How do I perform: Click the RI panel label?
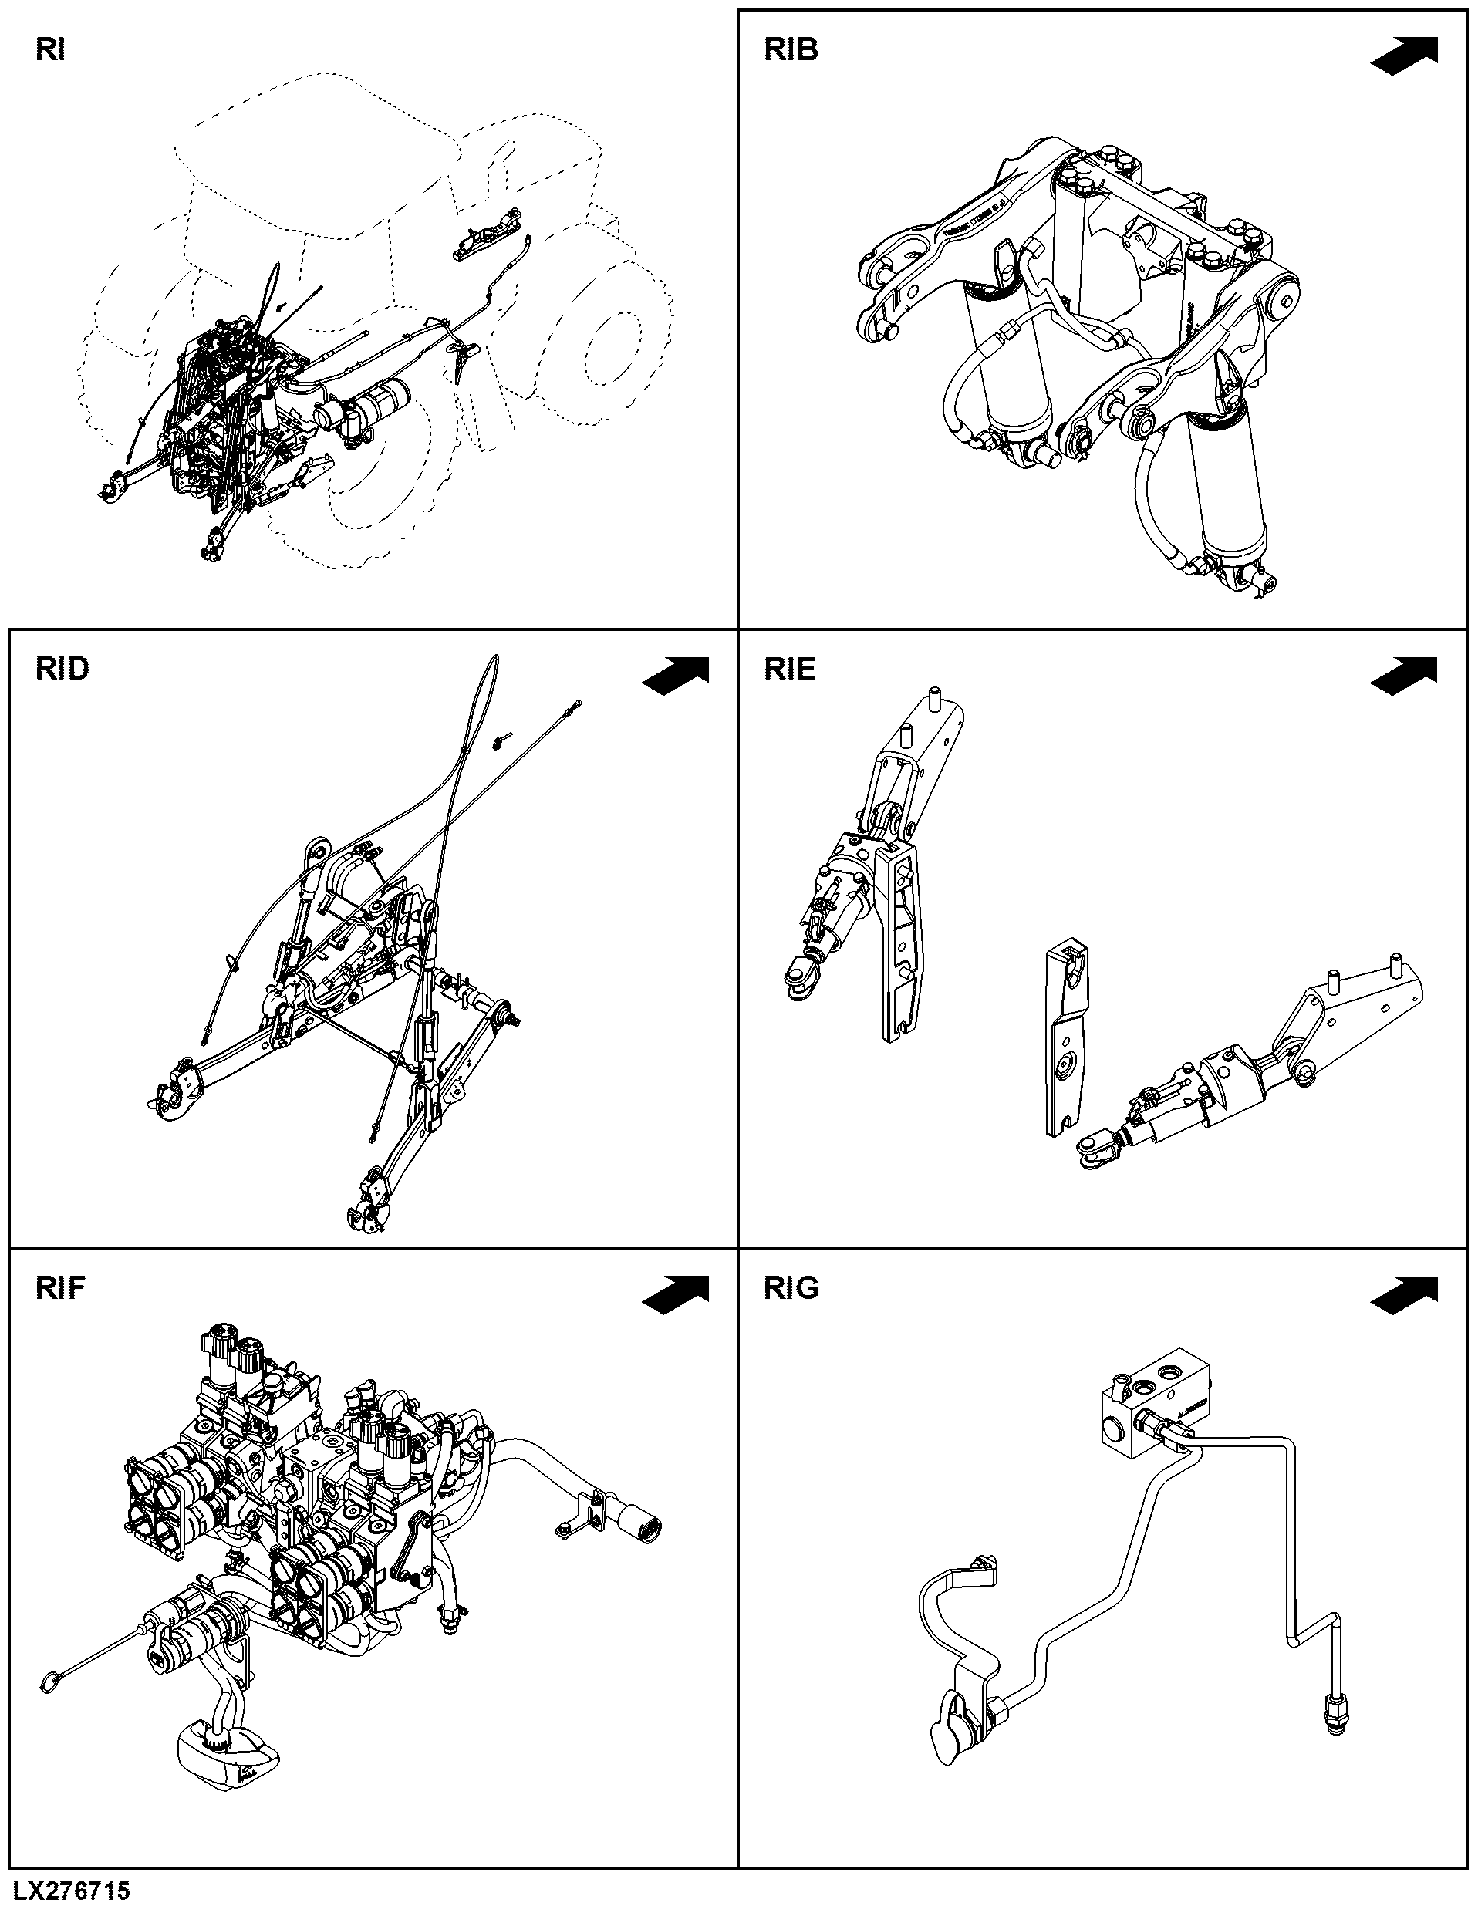point(50,51)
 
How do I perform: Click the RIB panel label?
point(791,50)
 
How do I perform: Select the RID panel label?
point(62,670)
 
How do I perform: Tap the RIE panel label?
point(791,670)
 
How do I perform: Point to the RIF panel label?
point(60,1289)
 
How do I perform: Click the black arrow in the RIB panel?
point(1404,56)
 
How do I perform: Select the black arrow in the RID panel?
point(676,676)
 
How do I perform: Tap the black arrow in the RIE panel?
point(1404,676)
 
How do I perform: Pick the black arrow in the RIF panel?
point(676,1295)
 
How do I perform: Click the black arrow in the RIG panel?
point(1404,1295)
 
